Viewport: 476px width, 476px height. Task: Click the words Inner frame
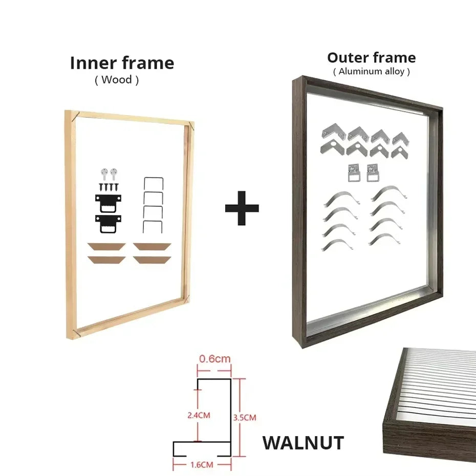(x=122, y=63)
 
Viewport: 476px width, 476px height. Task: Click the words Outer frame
(x=371, y=57)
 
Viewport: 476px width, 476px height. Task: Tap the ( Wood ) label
(x=117, y=79)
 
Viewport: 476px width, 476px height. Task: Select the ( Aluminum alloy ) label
(x=371, y=71)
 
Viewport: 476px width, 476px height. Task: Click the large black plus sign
(x=242, y=208)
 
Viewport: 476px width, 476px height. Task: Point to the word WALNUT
(x=303, y=443)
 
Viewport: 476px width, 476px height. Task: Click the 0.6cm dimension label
(x=214, y=359)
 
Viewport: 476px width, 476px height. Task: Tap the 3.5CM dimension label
(x=244, y=418)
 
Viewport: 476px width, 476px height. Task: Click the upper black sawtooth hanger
(x=108, y=201)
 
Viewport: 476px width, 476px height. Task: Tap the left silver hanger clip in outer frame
(x=354, y=172)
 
